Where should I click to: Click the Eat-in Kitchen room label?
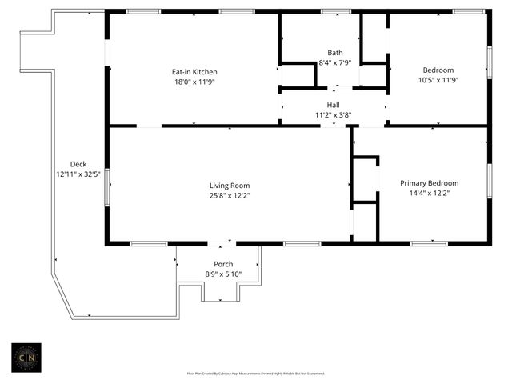pos(194,72)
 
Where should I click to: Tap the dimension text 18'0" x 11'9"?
pos(194,82)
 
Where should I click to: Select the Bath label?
pos(335,53)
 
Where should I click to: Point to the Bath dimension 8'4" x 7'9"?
pos(335,62)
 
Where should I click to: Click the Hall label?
pos(333,105)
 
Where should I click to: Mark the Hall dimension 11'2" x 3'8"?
pos(333,114)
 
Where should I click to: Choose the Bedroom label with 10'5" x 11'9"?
pos(438,70)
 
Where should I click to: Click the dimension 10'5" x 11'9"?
pos(438,79)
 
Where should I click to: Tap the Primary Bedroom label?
pos(429,182)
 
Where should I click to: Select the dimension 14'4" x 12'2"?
pos(429,192)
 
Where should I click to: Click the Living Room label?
pos(230,185)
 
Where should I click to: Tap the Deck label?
pos(78,164)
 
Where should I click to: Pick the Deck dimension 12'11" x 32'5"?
pos(78,174)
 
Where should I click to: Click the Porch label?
pos(223,264)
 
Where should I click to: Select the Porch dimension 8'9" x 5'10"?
pos(223,274)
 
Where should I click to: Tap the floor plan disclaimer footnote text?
pos(255,373)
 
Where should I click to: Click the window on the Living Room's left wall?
pos(107,187)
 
